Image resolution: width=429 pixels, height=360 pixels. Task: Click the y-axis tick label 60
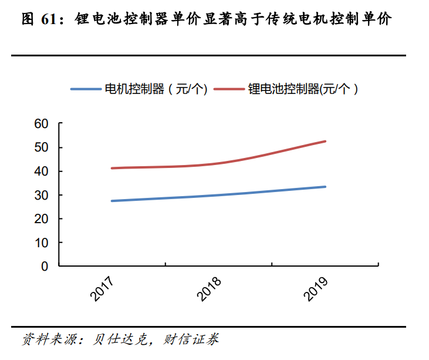[x=41, y=124]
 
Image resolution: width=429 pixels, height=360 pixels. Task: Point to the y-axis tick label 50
[x=41, y=147]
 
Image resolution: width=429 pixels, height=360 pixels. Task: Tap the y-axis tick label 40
[x=41, y=171]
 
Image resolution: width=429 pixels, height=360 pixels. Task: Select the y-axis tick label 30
[x=41, y=195]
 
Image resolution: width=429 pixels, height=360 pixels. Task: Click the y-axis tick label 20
[x=41, y=218]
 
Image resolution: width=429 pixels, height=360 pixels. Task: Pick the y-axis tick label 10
[x=41, y=243]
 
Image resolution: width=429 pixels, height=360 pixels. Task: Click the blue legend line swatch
[x=86, y=89]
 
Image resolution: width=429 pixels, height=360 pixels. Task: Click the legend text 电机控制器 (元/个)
[x=156, y=89]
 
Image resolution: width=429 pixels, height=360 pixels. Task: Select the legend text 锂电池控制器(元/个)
[x=303, y=89]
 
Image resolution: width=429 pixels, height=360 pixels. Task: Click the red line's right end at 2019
[x=325, y=141]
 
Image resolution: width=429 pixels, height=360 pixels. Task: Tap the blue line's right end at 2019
[x=325, y=187]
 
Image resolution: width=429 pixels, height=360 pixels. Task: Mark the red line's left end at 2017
[x=112, y=168]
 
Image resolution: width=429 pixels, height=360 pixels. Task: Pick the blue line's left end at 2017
[x=112, y=201]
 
